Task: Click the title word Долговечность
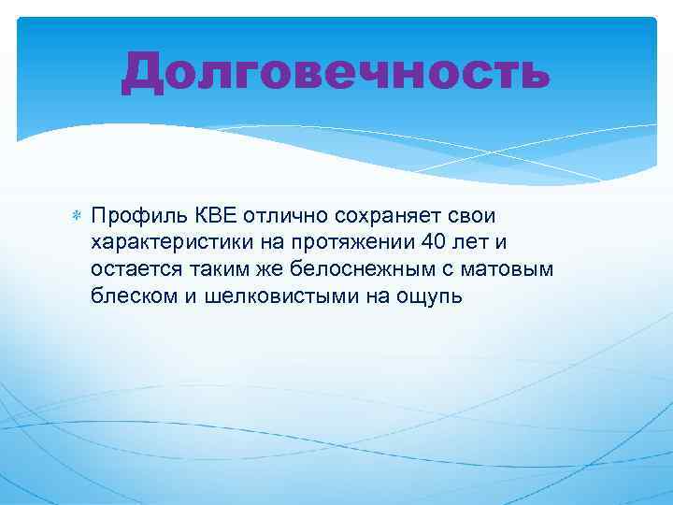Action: click(x=336, y=72)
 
